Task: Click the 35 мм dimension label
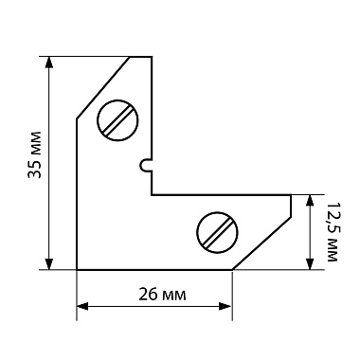[x=35, y=154]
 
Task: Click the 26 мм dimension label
[x=162, y=295]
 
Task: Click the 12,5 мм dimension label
[x=332, y=231]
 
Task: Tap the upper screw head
[x=118, y=120]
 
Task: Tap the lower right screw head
[x=217, y=232]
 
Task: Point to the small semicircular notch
[x=145, y=165]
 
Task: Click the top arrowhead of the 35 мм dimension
[x=48, y=63]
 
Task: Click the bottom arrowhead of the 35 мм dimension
[x=48, y=264]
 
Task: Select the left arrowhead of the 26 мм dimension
[x=82, y=306]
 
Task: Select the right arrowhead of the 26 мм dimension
[x=226, y=306]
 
